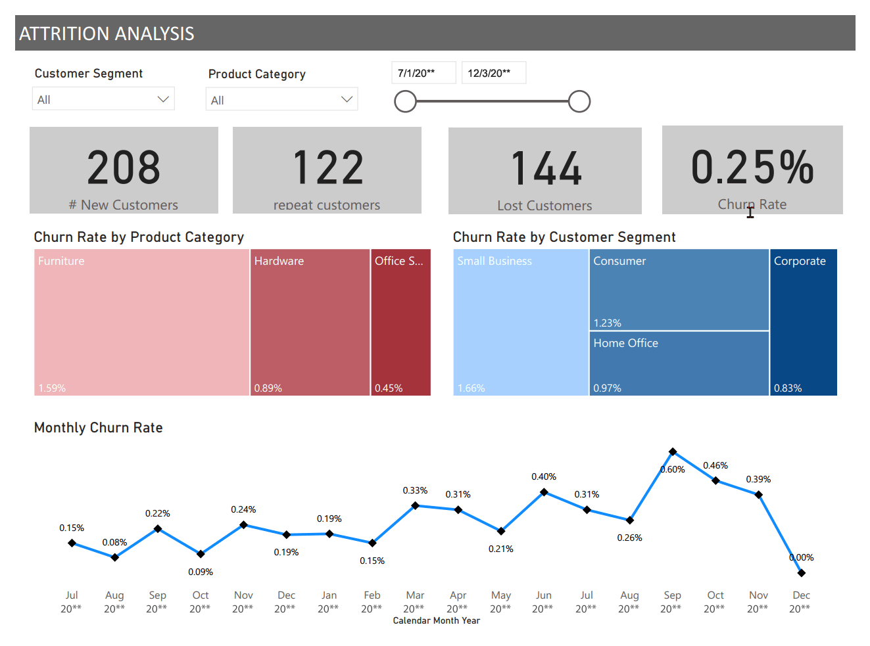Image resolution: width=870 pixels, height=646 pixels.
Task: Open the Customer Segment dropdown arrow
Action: click(163, 99)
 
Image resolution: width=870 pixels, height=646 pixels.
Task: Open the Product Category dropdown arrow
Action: click(347, 99)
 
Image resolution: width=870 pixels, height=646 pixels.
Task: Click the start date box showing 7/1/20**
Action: click(423, 73)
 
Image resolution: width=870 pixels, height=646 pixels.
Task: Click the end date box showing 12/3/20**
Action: click(493, 73)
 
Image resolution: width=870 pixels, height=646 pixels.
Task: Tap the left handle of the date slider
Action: click(405, 101)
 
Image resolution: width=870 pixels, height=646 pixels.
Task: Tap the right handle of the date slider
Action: click(579, 101)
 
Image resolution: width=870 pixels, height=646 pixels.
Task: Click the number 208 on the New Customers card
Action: click(124, 168)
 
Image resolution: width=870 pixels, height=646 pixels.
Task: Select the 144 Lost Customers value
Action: click(546, 169)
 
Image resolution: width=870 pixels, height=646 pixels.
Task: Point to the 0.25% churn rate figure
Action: click(752, 167)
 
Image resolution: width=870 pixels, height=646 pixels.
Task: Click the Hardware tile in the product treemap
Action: click(310, 322)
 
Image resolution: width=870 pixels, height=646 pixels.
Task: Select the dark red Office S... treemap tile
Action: click(400, 322)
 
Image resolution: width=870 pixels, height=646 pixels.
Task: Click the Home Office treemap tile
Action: click(679, 363)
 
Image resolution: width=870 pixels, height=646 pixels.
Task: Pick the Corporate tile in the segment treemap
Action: click(803, 322)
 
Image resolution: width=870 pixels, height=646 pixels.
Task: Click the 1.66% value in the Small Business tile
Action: click(471, 388)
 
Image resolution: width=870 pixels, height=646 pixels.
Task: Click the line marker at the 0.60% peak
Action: click(672, 451)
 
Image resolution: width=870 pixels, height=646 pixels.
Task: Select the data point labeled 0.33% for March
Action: click(415, 505)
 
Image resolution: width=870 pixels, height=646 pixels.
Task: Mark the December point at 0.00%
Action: click(801, 573)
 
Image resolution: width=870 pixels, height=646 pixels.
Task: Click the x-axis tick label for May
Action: click(500, 601)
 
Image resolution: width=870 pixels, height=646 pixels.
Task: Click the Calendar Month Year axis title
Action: click(436, 620)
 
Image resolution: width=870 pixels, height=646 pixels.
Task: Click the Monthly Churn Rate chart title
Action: click(98, 428)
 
